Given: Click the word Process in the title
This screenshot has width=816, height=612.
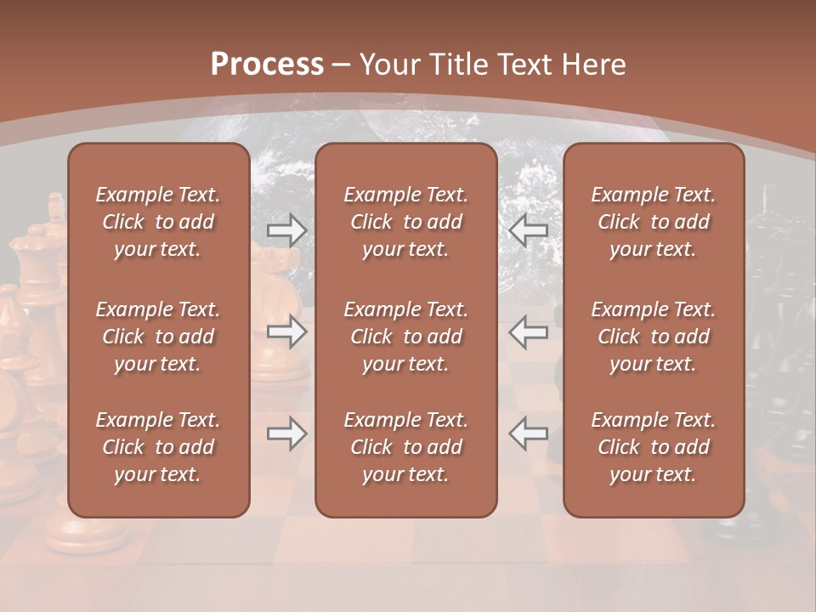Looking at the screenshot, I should (x=267, y=65).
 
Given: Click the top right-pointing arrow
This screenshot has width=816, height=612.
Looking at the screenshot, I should (x=286, y=230).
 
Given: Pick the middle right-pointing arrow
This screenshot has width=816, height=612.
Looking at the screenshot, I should (x=286, y=331).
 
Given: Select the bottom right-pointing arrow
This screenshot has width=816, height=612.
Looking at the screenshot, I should (x=286, y=433).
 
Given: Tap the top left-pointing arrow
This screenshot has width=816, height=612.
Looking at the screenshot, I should (x=529, y=230).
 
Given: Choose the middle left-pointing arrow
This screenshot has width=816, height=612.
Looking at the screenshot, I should (x=529, y=331).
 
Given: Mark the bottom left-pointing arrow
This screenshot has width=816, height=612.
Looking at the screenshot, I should (x=529, y=433).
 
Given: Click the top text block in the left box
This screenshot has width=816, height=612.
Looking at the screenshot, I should (x=158, y=222).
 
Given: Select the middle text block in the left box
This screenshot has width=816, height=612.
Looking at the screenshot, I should (x=158, y=337).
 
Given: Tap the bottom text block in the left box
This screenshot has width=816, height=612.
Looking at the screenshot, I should (x=158, y=447).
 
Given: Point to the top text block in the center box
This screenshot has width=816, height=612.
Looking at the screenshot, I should (x=406, y=222).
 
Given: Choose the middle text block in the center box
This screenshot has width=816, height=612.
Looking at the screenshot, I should (x=406, y=337).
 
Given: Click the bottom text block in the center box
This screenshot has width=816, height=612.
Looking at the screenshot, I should (x=406, y=447).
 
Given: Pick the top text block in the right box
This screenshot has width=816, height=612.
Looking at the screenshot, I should (x=654, y=222).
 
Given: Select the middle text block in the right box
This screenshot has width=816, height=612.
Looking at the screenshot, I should (x=654, y=337).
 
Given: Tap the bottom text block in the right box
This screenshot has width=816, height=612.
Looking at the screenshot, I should (x=654, y=447).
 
